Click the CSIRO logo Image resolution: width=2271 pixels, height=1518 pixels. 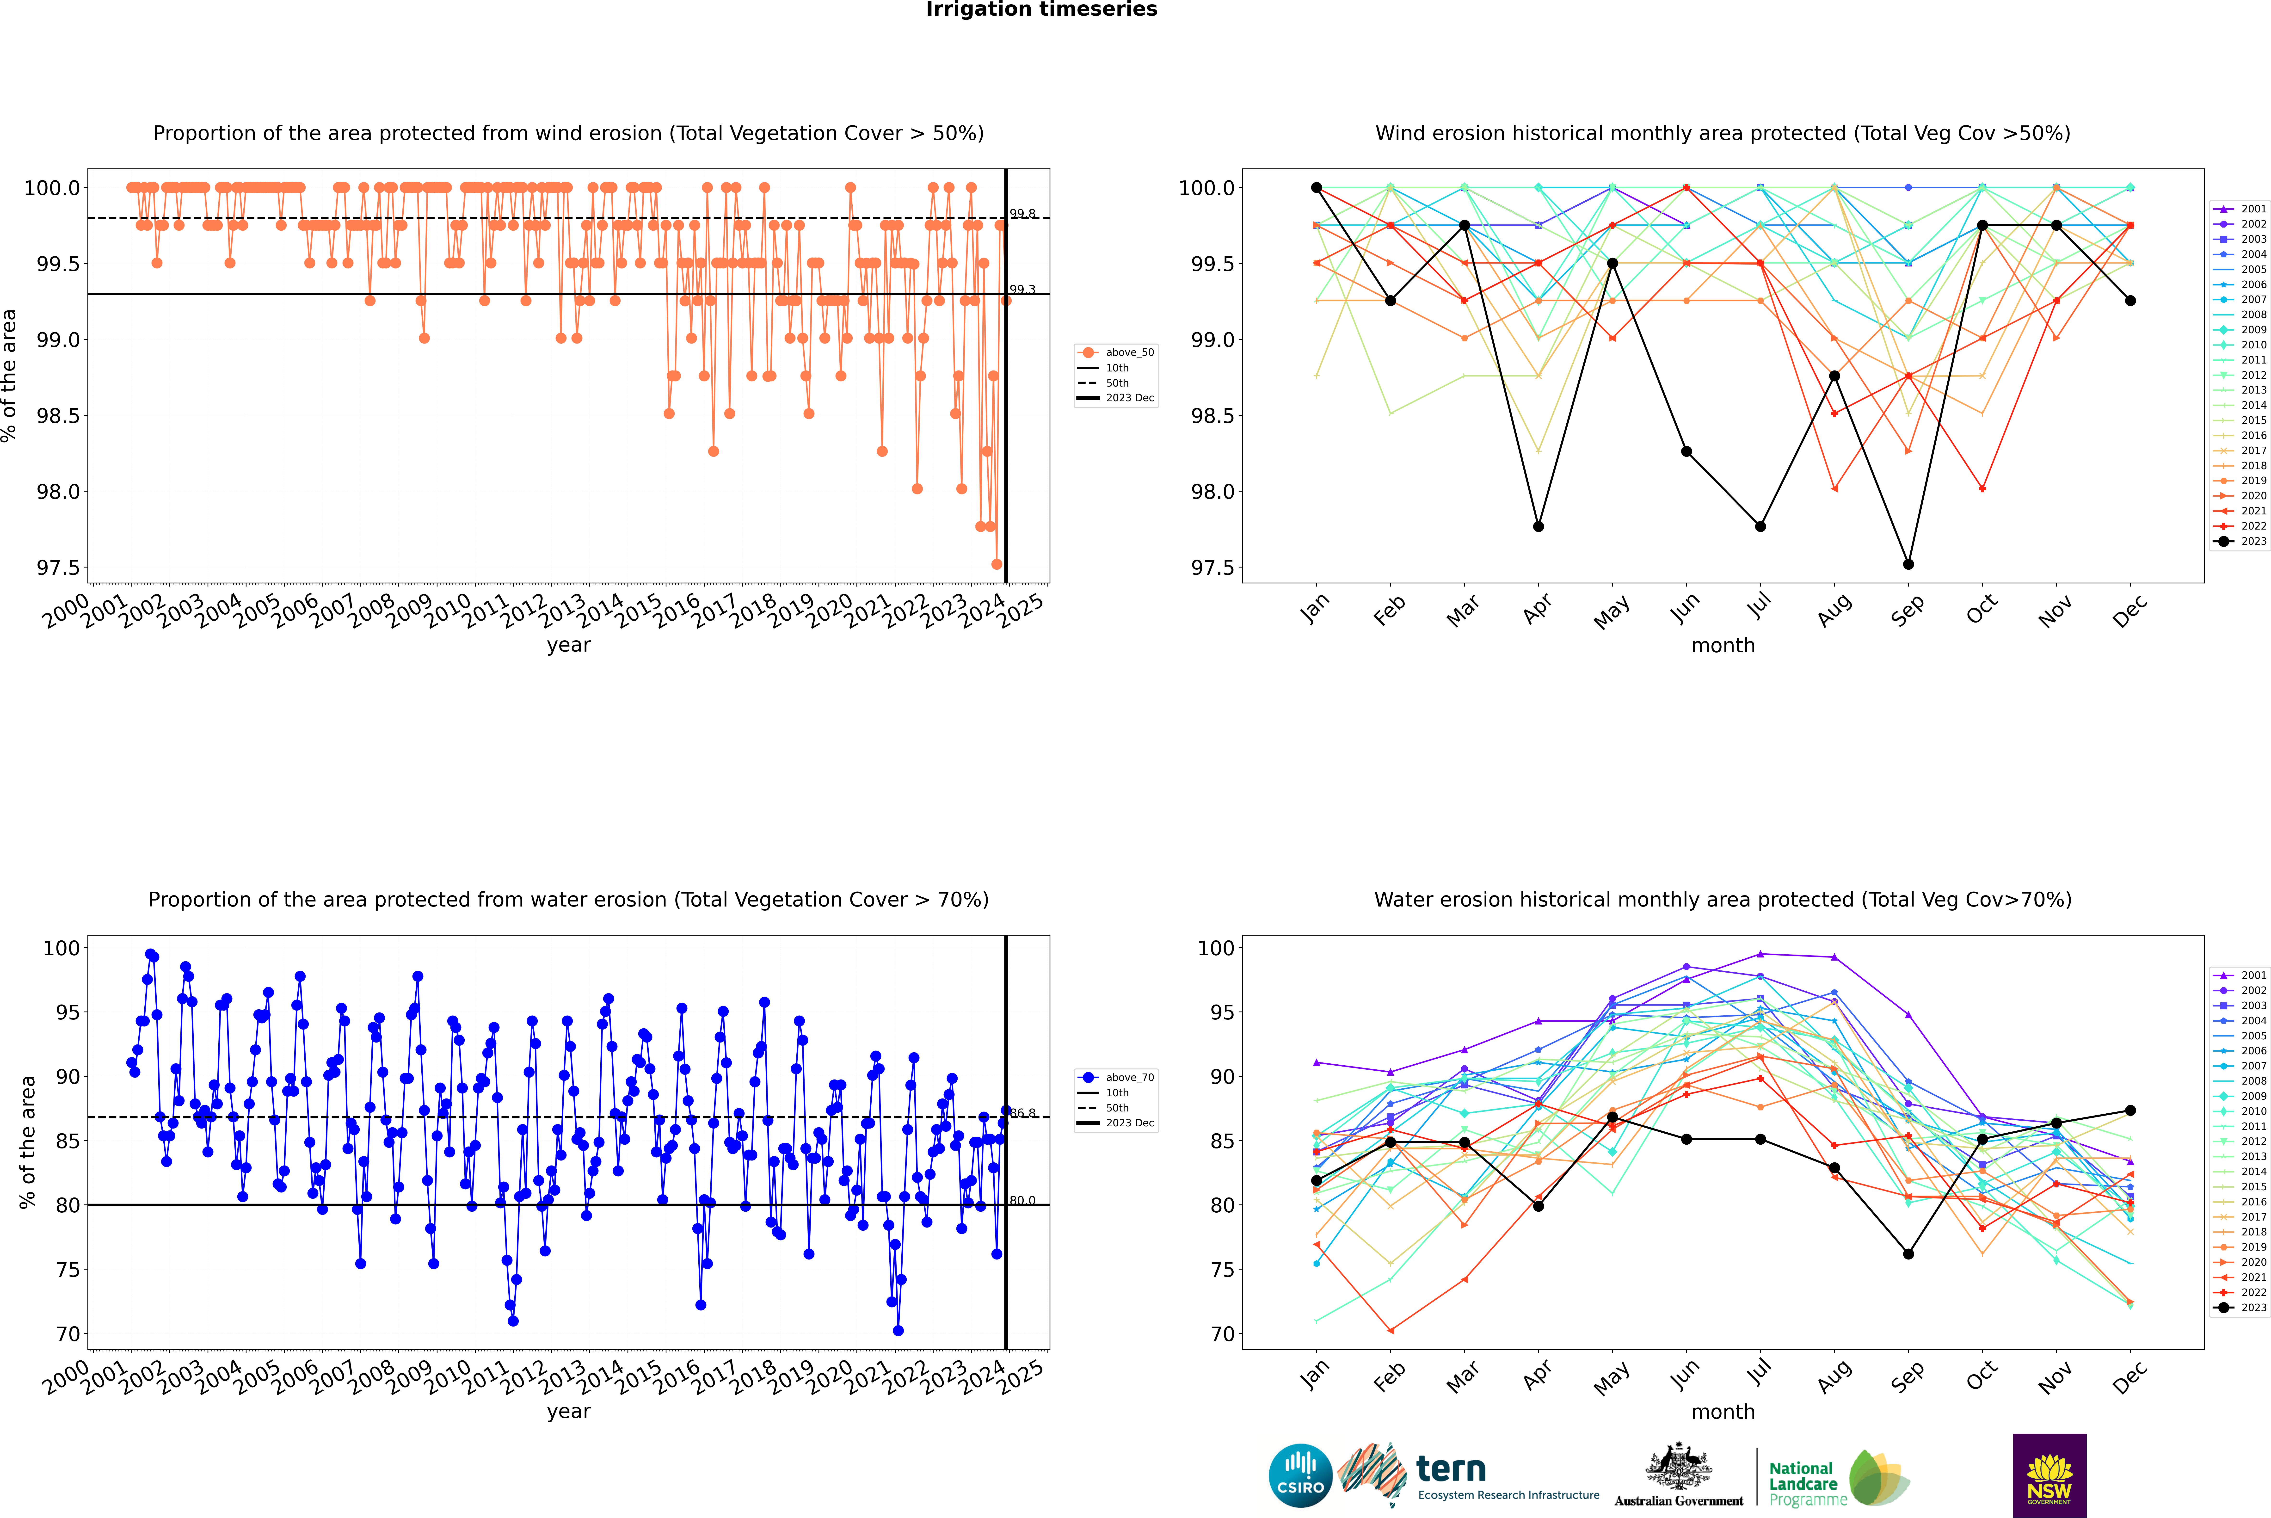click(x=1300, y=1475)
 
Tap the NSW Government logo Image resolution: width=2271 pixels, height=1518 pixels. click(x=2049, y=1475)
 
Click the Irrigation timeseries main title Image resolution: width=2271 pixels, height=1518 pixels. click(x=1042, y=10)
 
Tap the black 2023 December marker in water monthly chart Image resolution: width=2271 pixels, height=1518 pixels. click(x=2130, y=1111)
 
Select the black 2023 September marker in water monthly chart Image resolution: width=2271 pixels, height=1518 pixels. click(x=1908, y=1254)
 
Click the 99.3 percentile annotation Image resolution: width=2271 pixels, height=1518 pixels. click(x=1022, y=290)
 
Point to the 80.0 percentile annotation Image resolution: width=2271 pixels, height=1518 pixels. click(x=1022, y=1200)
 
